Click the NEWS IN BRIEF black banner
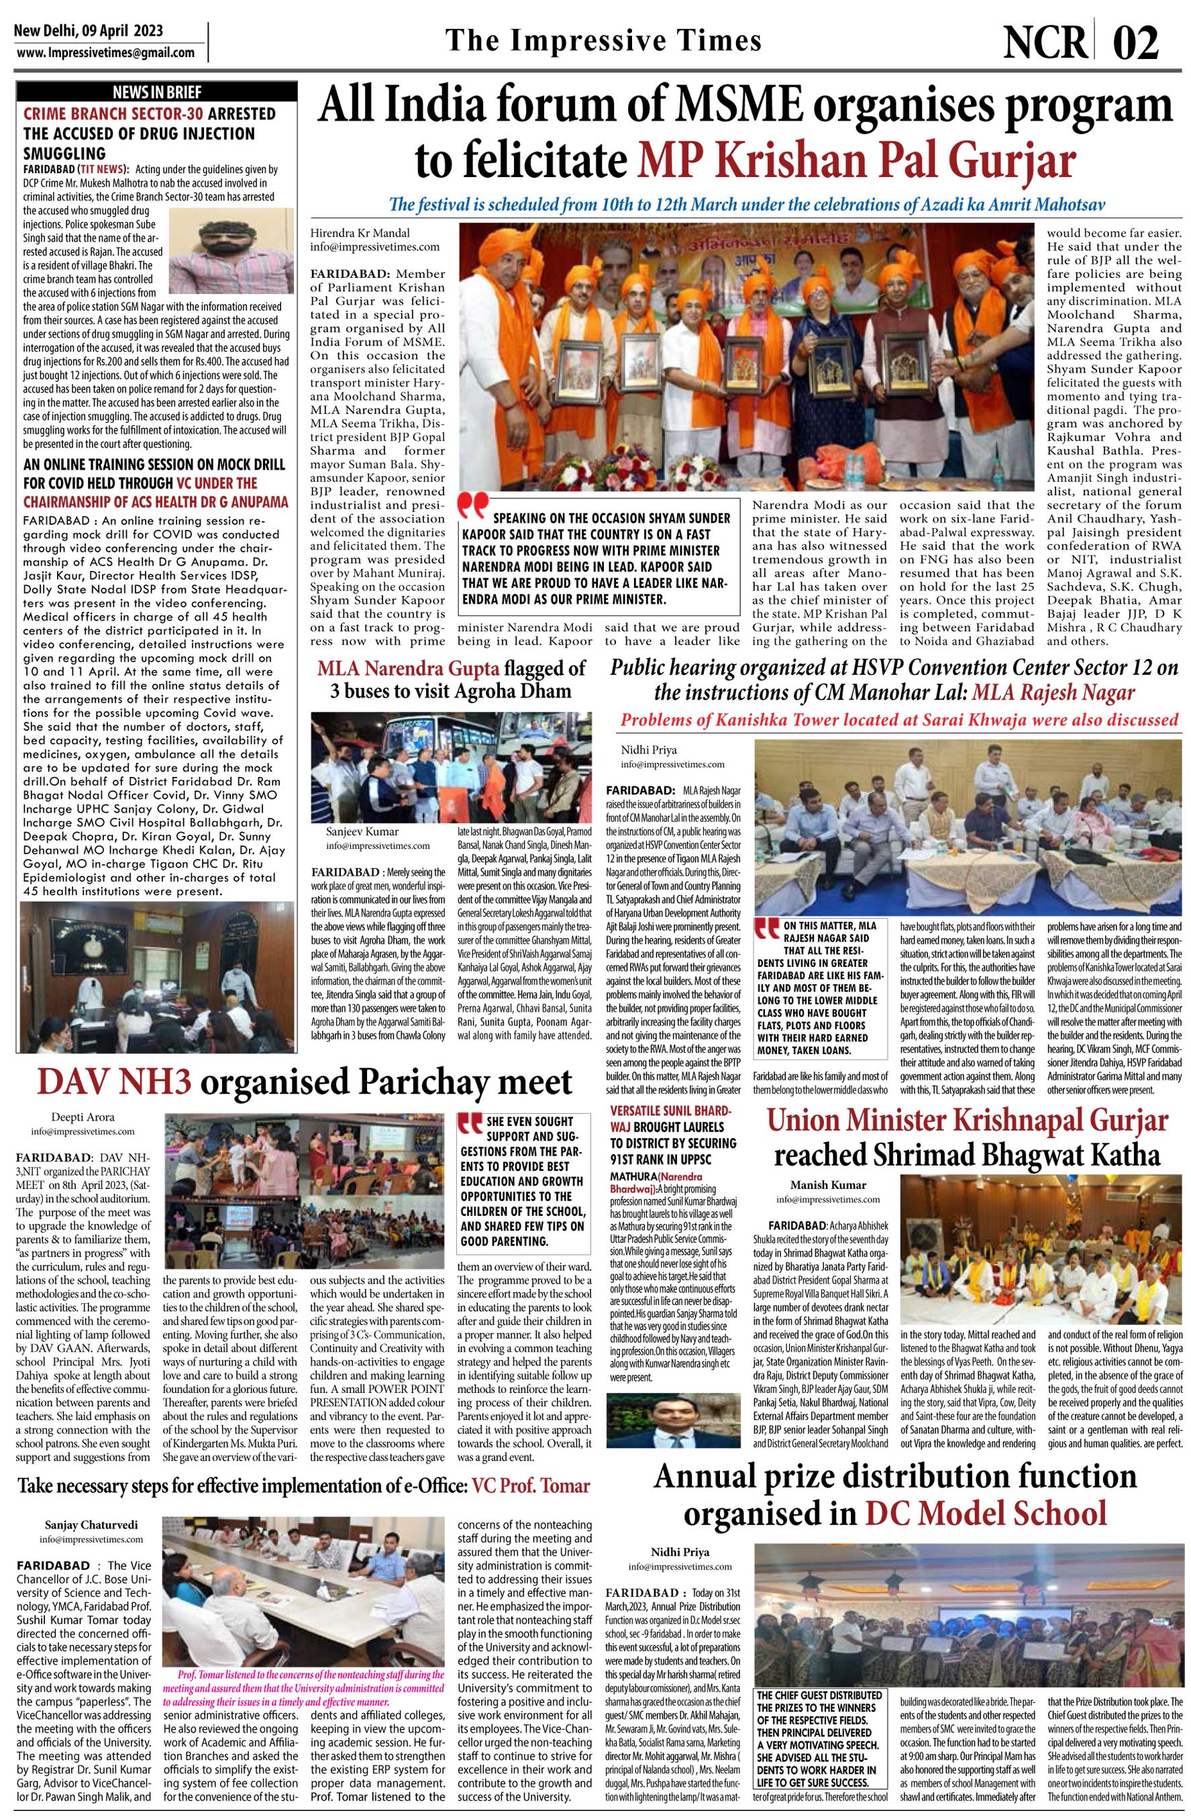[156, 93]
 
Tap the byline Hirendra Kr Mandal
[359, 232]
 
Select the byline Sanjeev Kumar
[360, 831]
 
